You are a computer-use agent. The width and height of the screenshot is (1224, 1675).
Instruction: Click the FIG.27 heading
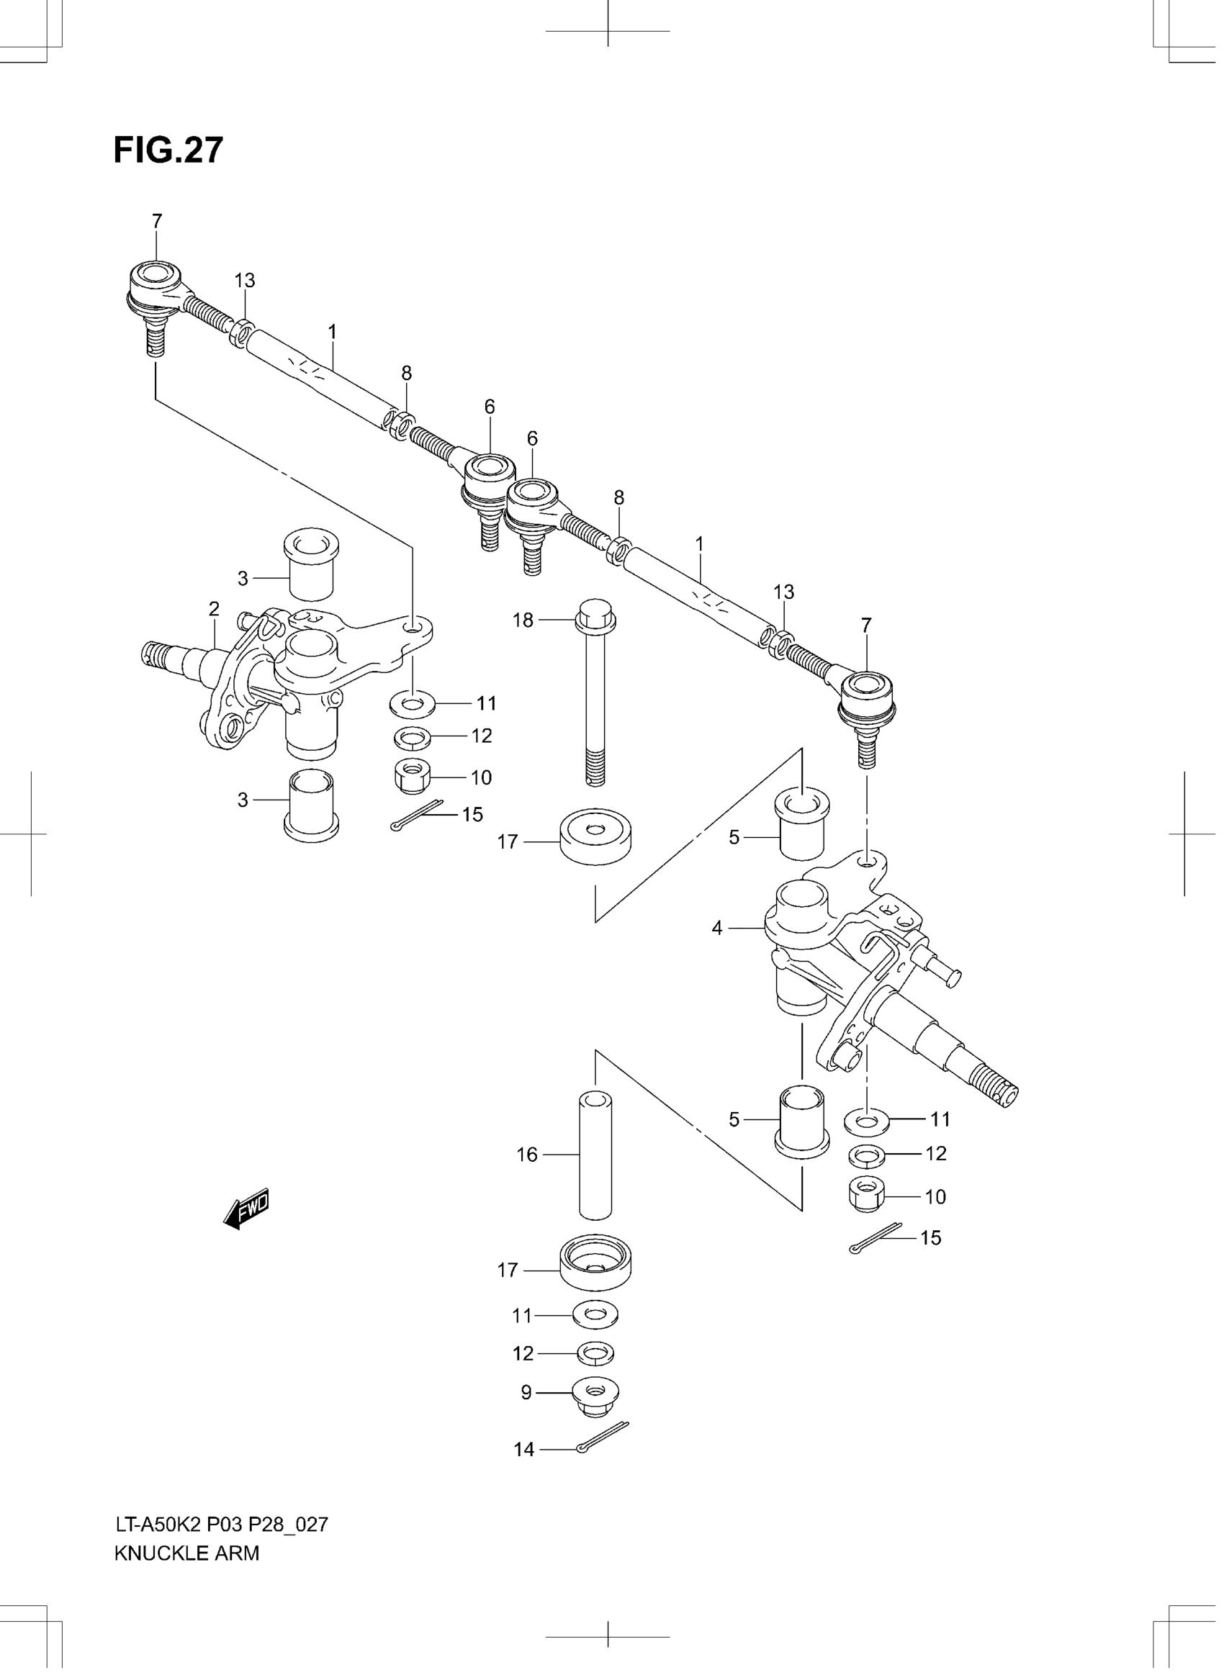click(x=168, y=150)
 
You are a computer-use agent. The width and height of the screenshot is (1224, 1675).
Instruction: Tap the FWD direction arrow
click(x=247, y=1209)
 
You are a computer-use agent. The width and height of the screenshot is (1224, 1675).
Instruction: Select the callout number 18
click(x=523, y=620)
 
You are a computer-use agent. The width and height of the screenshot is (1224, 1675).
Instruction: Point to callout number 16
click(x=527, y=1154)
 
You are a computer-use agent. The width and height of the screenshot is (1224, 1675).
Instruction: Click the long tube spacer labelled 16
click(x=595, y=1156)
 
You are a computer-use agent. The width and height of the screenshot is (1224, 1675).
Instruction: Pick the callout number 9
click(x=526, y=1393)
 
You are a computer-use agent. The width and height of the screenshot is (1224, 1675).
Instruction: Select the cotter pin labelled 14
click(x=602, y=1438)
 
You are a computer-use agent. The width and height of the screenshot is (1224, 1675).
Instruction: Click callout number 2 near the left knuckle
click(x=214, y=609)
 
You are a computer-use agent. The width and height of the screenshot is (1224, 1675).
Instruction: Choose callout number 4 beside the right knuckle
click(x=716, y=928)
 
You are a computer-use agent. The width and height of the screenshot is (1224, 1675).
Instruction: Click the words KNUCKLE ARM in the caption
click(x=186, y=1553)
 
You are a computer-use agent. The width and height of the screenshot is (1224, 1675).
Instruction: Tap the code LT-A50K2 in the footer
click(x=158, y=1524)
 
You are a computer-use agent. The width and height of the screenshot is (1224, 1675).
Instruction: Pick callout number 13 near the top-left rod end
click(x=245, y=281)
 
